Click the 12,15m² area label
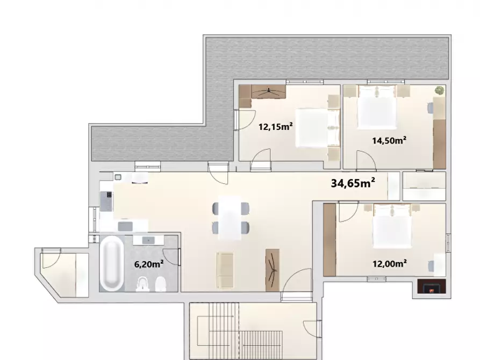[275, 127]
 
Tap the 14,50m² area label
[389, 141]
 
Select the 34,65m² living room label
[353, 183]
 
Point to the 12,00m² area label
[389, 263]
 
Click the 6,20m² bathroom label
[148, 264]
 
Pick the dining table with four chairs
[231, 217]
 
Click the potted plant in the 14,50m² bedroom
[440, 90]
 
